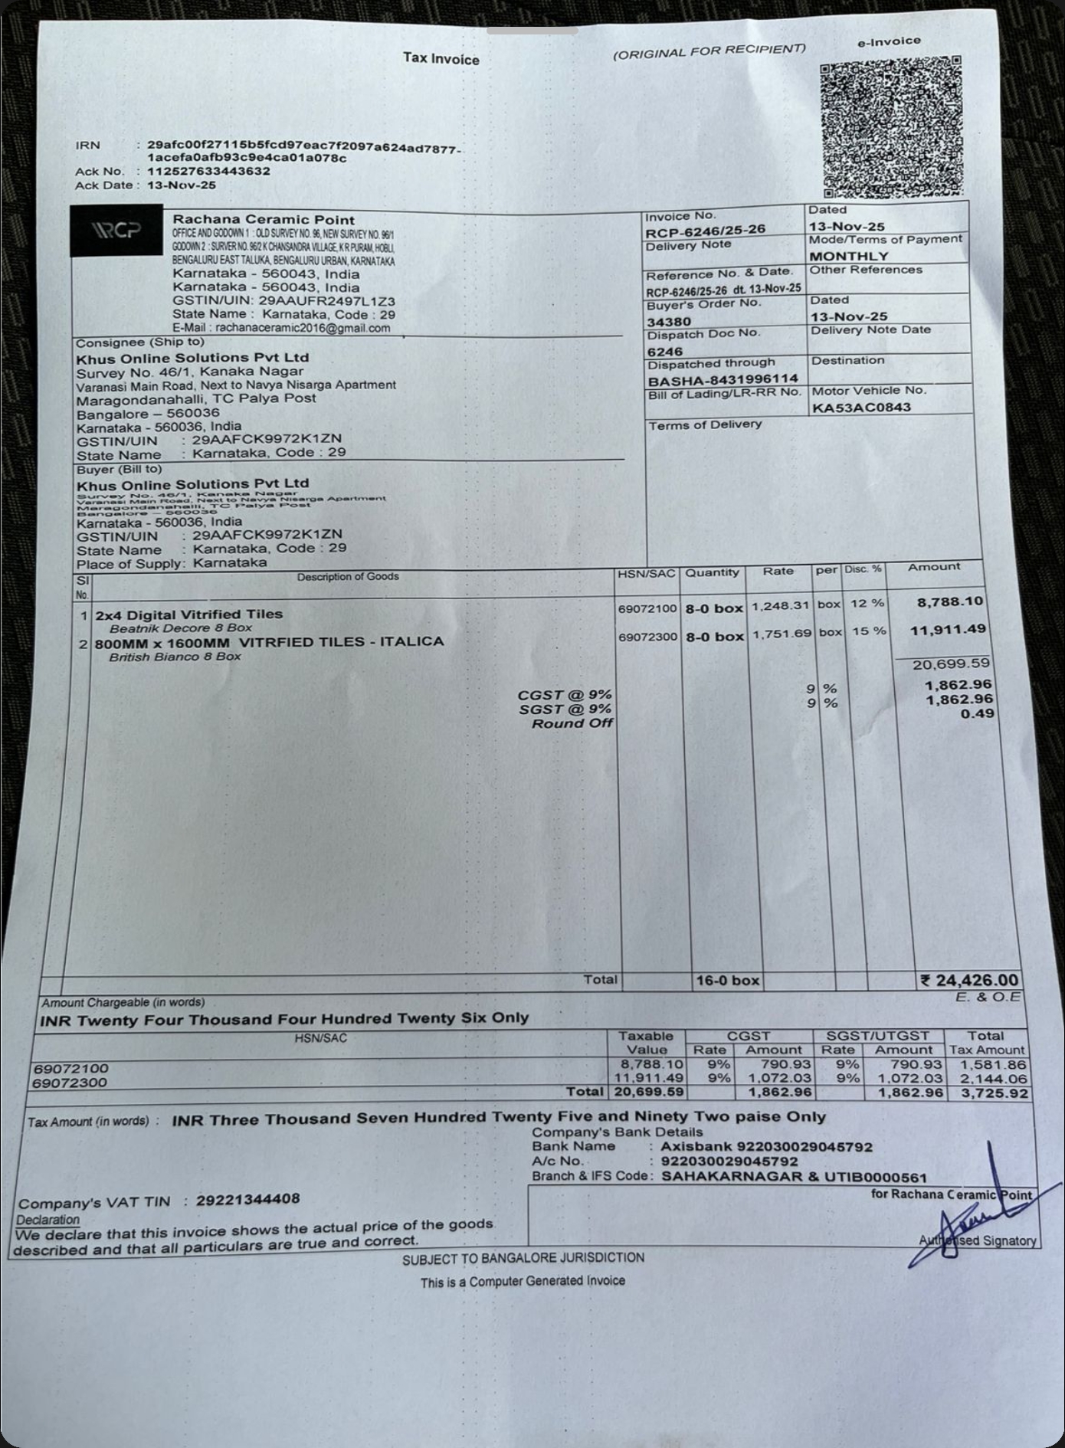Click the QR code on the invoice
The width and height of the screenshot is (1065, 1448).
pos(890,126)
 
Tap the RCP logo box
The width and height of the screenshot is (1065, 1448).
pos(116,230)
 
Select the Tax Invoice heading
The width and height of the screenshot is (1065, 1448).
pos(441,59)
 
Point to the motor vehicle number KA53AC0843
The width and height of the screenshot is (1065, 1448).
pos(860,407)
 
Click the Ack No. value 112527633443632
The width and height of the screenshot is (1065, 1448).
pos(208,171)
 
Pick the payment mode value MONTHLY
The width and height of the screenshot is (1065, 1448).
pos(849,256)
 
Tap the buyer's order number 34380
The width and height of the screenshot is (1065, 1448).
pos(669,322)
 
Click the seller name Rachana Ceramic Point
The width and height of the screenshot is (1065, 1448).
pos(264,219)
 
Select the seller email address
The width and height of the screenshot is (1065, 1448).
pos(303,328)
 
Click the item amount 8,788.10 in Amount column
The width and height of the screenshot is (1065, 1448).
pos(949,601)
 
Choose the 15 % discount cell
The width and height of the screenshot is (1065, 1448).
pos(869,631)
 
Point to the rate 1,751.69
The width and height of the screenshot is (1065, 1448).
pos(781,634)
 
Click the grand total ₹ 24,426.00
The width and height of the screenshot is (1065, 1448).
pos(969,980)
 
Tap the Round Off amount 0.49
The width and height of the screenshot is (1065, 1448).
pos(977,713)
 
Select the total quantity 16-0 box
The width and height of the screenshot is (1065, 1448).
pos(727,980)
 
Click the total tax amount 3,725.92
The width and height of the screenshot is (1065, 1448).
pos(995,1093)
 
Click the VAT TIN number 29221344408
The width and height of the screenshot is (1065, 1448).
pos(247,1199)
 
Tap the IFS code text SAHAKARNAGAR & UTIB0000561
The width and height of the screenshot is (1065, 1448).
pos(794,1177)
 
